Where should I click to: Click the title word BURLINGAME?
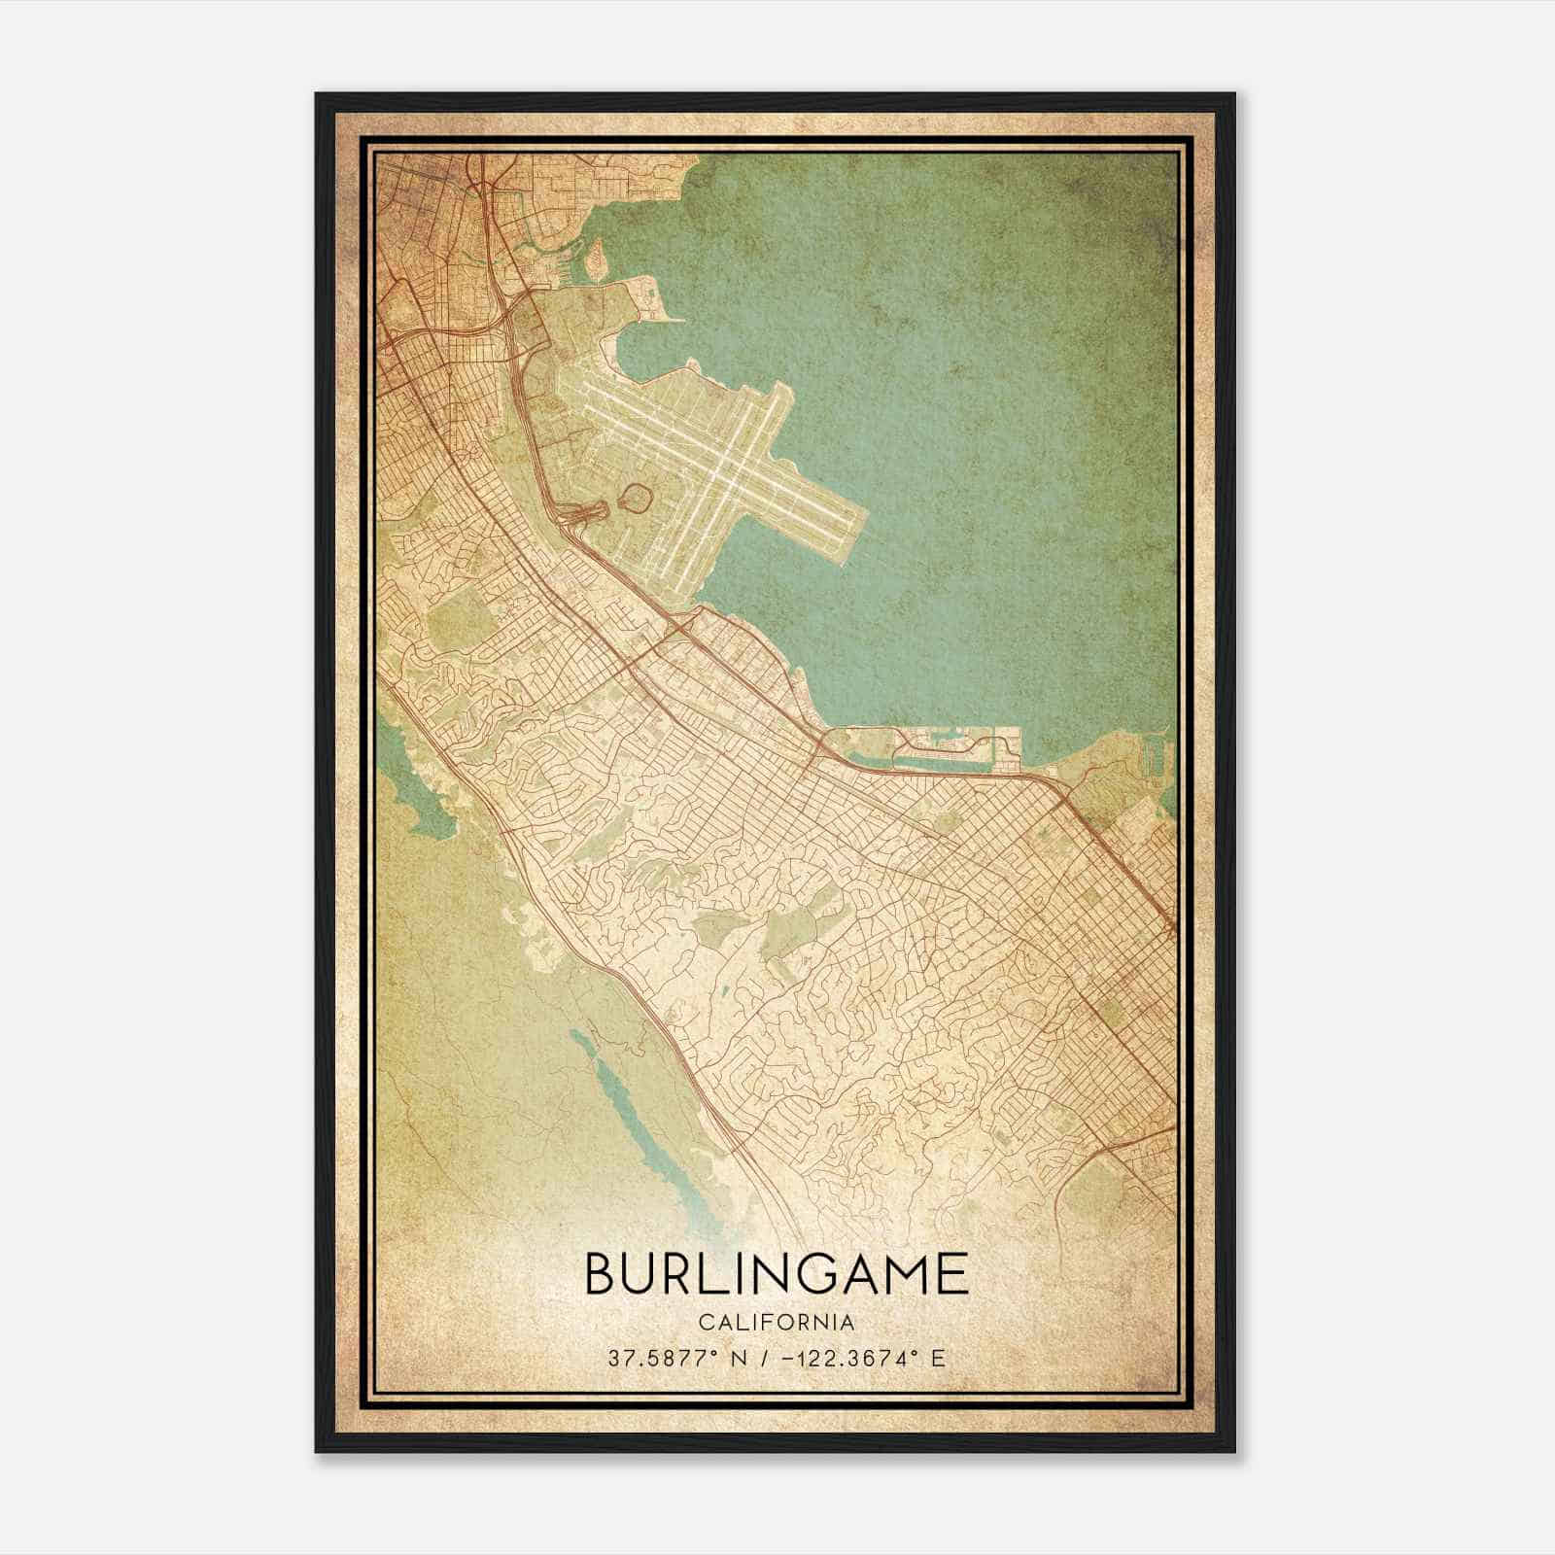coord(777,1274)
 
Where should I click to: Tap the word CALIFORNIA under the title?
coord(777,1323)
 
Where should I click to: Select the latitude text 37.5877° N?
coord(671,1359)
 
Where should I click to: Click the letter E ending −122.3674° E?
coord(938,1359)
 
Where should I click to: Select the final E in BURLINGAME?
coord(952,1274)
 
